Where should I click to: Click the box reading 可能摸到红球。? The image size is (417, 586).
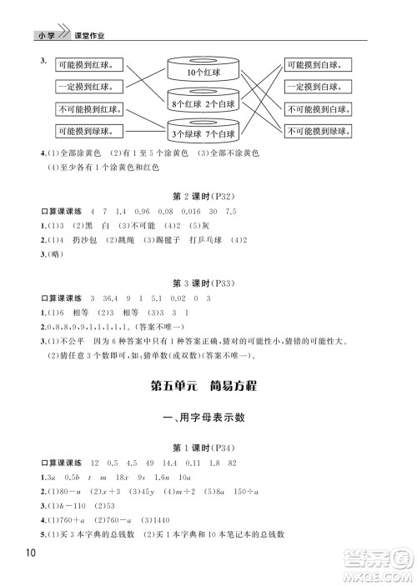88,64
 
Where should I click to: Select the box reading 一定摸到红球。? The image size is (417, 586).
88,87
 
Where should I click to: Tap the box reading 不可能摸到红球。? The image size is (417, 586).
89,109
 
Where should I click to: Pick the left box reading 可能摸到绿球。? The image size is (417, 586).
88,131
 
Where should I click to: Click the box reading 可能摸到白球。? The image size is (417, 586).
318,64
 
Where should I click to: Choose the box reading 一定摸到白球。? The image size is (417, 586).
318,87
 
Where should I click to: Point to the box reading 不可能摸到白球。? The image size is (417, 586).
318,109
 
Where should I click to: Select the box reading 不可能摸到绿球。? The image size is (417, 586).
318,131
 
